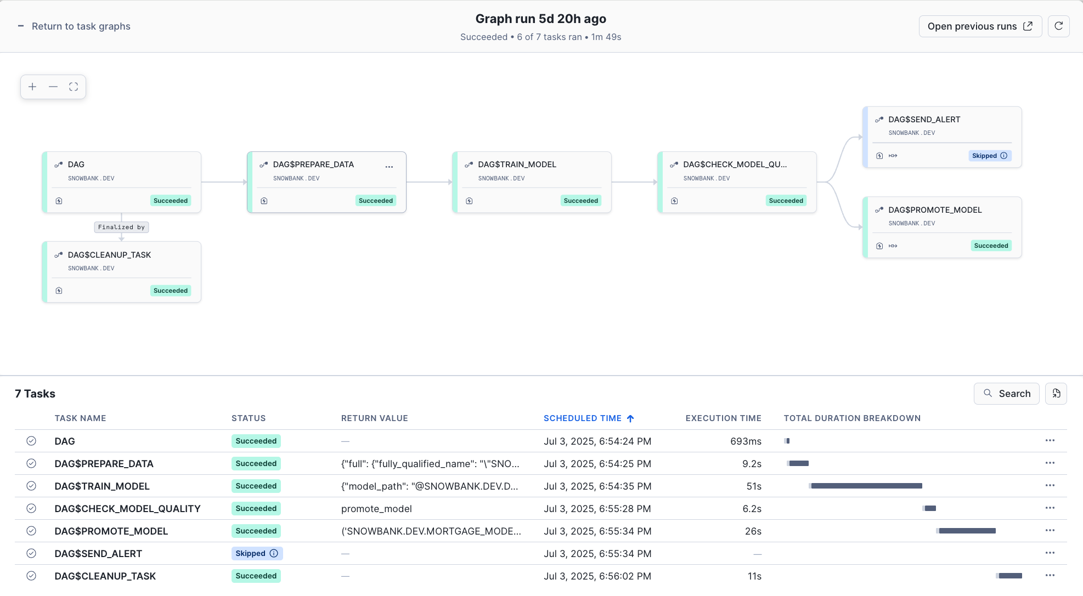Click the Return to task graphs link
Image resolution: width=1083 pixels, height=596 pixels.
81,26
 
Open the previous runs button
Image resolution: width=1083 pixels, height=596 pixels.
979,26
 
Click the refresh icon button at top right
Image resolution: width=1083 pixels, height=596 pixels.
1058,26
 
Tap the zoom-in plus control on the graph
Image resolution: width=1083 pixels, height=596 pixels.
32,87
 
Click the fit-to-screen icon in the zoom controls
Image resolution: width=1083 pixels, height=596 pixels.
74,87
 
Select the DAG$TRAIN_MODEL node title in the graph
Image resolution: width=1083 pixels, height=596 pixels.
517,164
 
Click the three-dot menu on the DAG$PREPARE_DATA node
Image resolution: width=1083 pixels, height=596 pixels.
389,167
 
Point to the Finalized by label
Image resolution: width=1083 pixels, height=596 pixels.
121,227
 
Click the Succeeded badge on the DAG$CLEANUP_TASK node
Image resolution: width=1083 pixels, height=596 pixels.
171,291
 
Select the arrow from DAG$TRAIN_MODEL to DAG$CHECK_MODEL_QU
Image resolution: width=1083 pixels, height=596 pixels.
634,182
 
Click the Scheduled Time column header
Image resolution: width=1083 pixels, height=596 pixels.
583,418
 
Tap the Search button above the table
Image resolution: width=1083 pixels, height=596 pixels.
1006,394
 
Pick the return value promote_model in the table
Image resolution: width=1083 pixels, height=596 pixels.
376,509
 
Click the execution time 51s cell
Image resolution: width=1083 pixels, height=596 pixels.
754,486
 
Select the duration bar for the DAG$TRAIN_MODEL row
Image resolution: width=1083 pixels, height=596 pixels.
866,486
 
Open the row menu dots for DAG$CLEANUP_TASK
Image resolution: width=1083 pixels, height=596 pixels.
1050,575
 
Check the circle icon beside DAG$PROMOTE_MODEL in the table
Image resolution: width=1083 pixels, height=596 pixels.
31,531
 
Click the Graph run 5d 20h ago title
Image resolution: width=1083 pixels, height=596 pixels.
540,19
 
